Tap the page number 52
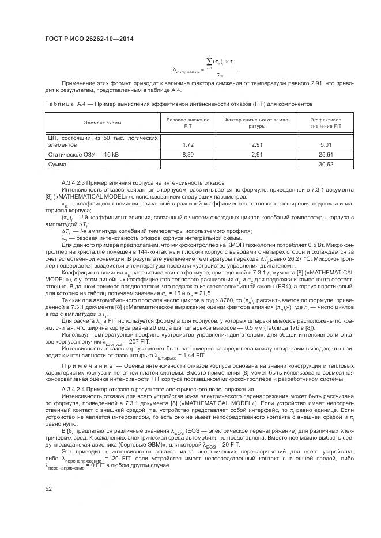pyautogui.click(x=48, y=489)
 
